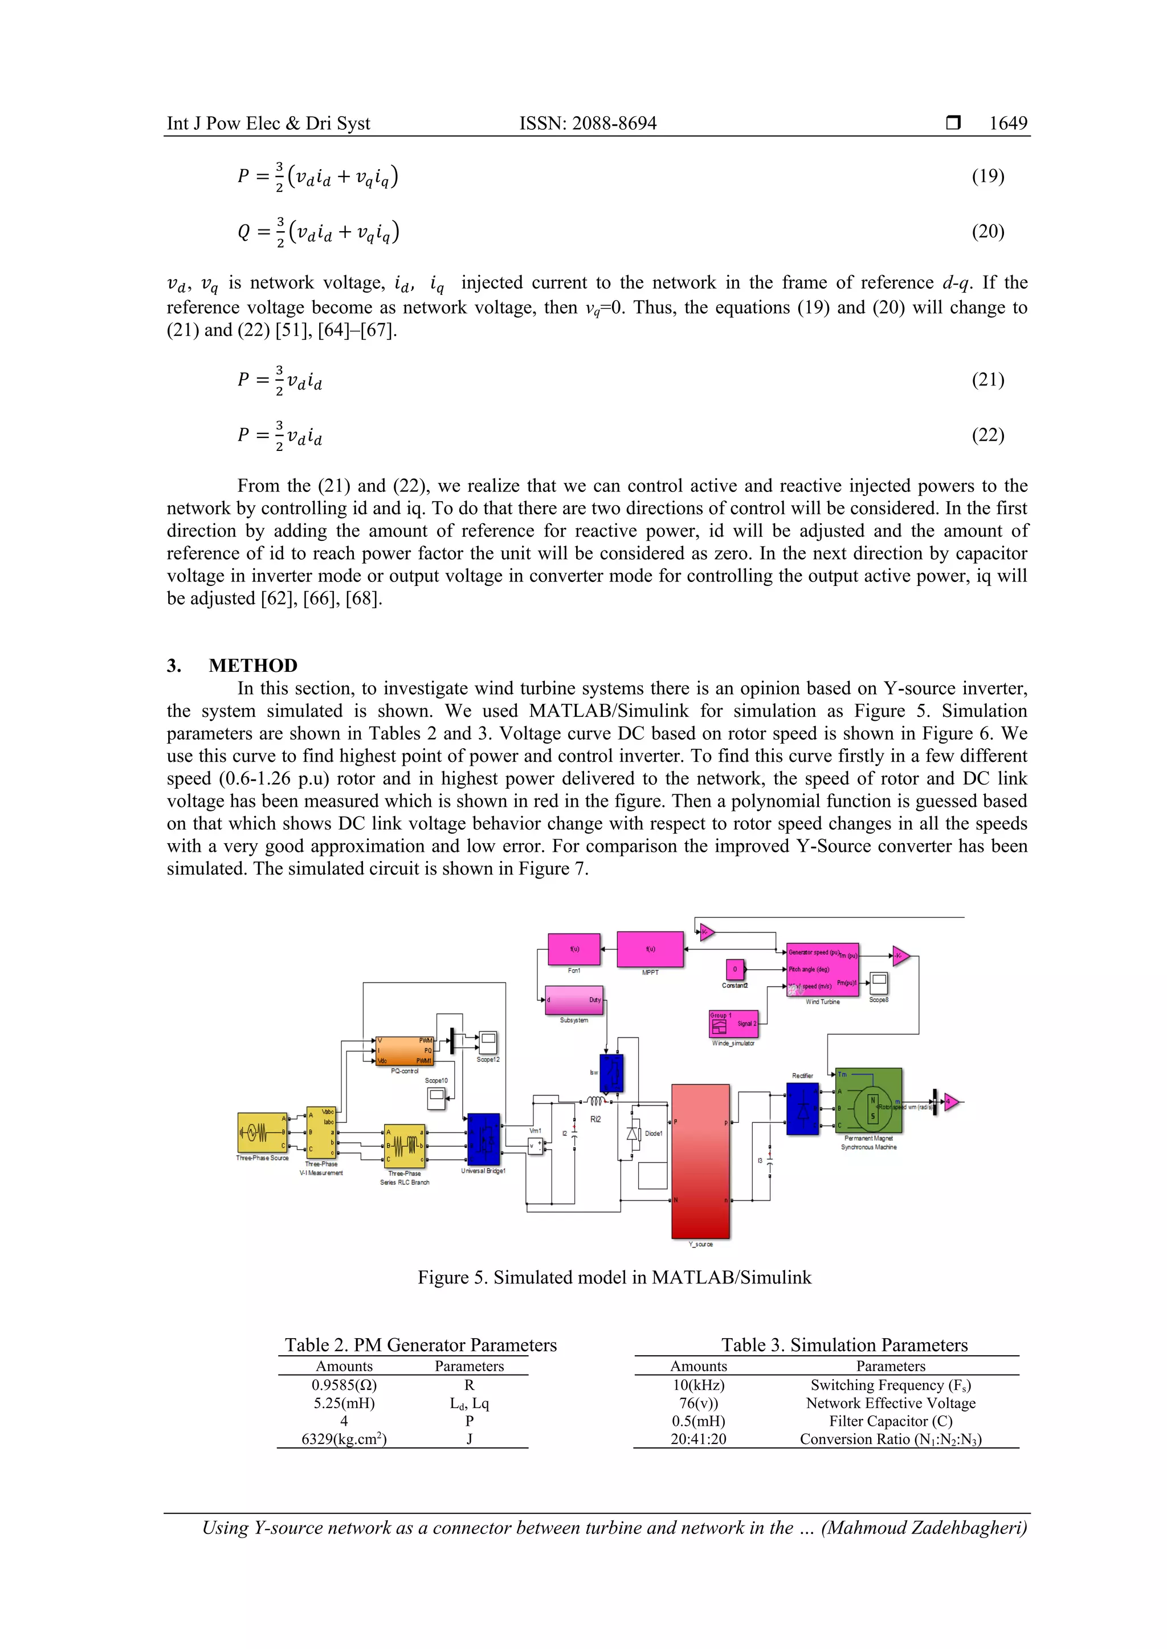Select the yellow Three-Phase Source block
point(262,1133)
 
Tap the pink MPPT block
point(650,949)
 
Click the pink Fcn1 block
point(574,949)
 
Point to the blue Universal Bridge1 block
point(484,1139)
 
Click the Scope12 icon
point(488,1041)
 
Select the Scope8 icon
point(878,982)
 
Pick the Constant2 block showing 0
point(735,970)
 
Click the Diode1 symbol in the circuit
point(633,1134)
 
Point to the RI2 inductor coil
point(595,1102)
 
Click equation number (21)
point(988,379)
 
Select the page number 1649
point(1007,124)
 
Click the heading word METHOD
point(253,665)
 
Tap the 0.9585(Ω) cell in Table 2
point(344,1385)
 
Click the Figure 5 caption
point(614,1277)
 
